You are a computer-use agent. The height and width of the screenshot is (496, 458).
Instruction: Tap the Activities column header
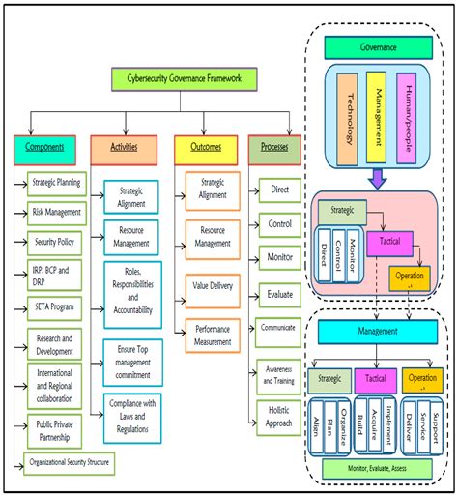click(x=123, y=148)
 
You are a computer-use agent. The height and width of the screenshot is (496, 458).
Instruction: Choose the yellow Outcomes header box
click(x=205, y=148)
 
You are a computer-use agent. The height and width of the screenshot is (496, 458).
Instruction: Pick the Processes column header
click(x=274, y=148)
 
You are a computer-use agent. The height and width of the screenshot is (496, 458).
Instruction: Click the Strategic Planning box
click(x=55, y=182)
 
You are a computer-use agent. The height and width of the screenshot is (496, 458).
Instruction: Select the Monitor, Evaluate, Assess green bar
click(x=380, y=467)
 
